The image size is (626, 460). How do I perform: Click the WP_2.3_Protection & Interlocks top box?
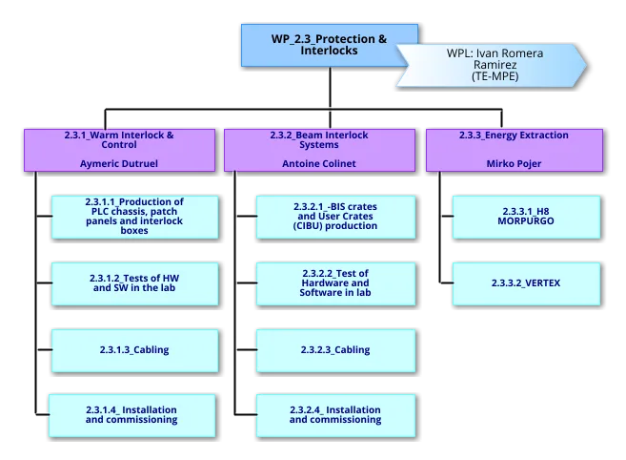329,45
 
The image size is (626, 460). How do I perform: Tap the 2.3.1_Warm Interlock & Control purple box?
119,150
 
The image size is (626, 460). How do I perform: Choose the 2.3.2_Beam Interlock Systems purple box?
318,150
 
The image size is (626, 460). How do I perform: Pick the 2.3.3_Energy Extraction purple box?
514,150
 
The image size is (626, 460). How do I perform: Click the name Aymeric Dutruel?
119,164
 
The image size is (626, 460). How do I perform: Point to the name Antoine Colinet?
318,164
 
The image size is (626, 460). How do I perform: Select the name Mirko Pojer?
514,164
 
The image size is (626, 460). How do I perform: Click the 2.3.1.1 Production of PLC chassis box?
134,217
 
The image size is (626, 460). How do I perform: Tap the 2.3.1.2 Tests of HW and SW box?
134,282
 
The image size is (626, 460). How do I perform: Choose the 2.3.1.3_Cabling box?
134,349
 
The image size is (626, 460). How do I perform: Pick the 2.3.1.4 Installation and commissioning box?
134,415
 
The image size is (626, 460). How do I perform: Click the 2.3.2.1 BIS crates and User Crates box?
335,217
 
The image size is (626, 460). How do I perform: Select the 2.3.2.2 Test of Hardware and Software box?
335,282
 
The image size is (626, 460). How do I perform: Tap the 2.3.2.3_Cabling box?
335,349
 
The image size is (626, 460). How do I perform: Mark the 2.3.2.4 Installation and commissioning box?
335,415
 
